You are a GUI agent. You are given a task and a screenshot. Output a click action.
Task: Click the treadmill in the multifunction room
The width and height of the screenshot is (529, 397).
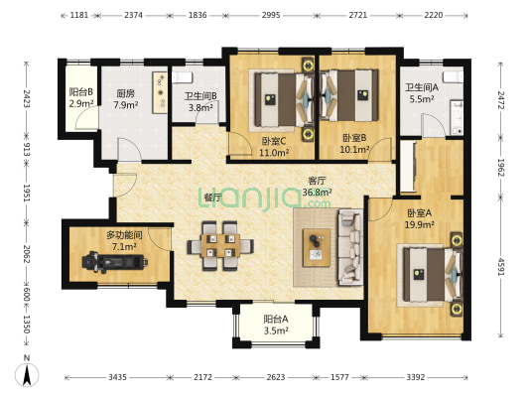[x=115, y=262]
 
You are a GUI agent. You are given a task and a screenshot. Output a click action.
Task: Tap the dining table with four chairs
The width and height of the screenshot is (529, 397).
[x=220, y=245]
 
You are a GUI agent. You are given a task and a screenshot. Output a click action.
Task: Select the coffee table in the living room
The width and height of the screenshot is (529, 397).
[x=317, y=247]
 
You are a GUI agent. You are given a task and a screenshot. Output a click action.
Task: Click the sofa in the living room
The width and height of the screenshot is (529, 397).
[x=350, y=247]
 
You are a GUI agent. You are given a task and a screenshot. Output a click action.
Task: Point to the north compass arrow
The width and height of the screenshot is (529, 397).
[x=27, y=374]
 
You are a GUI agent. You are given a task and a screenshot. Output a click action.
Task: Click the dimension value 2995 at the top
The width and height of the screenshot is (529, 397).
[x=271, y=15]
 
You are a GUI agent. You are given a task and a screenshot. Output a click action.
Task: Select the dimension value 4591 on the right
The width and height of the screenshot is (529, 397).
[x=500, y=267]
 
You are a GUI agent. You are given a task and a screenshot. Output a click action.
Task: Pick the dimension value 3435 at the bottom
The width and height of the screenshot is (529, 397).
[x=117, y=377]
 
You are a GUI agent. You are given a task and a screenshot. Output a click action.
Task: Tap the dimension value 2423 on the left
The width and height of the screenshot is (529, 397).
[x=27, y=98]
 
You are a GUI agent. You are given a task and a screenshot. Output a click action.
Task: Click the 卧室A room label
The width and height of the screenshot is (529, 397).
[x=420, y=213]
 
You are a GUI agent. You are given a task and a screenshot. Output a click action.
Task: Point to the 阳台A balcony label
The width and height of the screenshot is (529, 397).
[x=276, y=319]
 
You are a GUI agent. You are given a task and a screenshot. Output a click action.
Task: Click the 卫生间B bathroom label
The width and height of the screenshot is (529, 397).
[x=200, y=96]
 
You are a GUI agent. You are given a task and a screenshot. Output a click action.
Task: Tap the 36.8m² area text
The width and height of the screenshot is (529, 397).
[x=317, y=193]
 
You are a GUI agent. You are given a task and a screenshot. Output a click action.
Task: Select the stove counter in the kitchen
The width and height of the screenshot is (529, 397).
[x=160, y=92]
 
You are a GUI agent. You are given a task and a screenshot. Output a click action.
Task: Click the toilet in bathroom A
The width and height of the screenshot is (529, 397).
[x=453, y=76]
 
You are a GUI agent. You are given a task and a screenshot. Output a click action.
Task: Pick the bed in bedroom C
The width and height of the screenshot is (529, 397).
[x=281, y=100]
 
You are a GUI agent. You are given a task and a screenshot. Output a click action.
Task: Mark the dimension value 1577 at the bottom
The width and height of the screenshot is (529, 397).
[x=339, y=377]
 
